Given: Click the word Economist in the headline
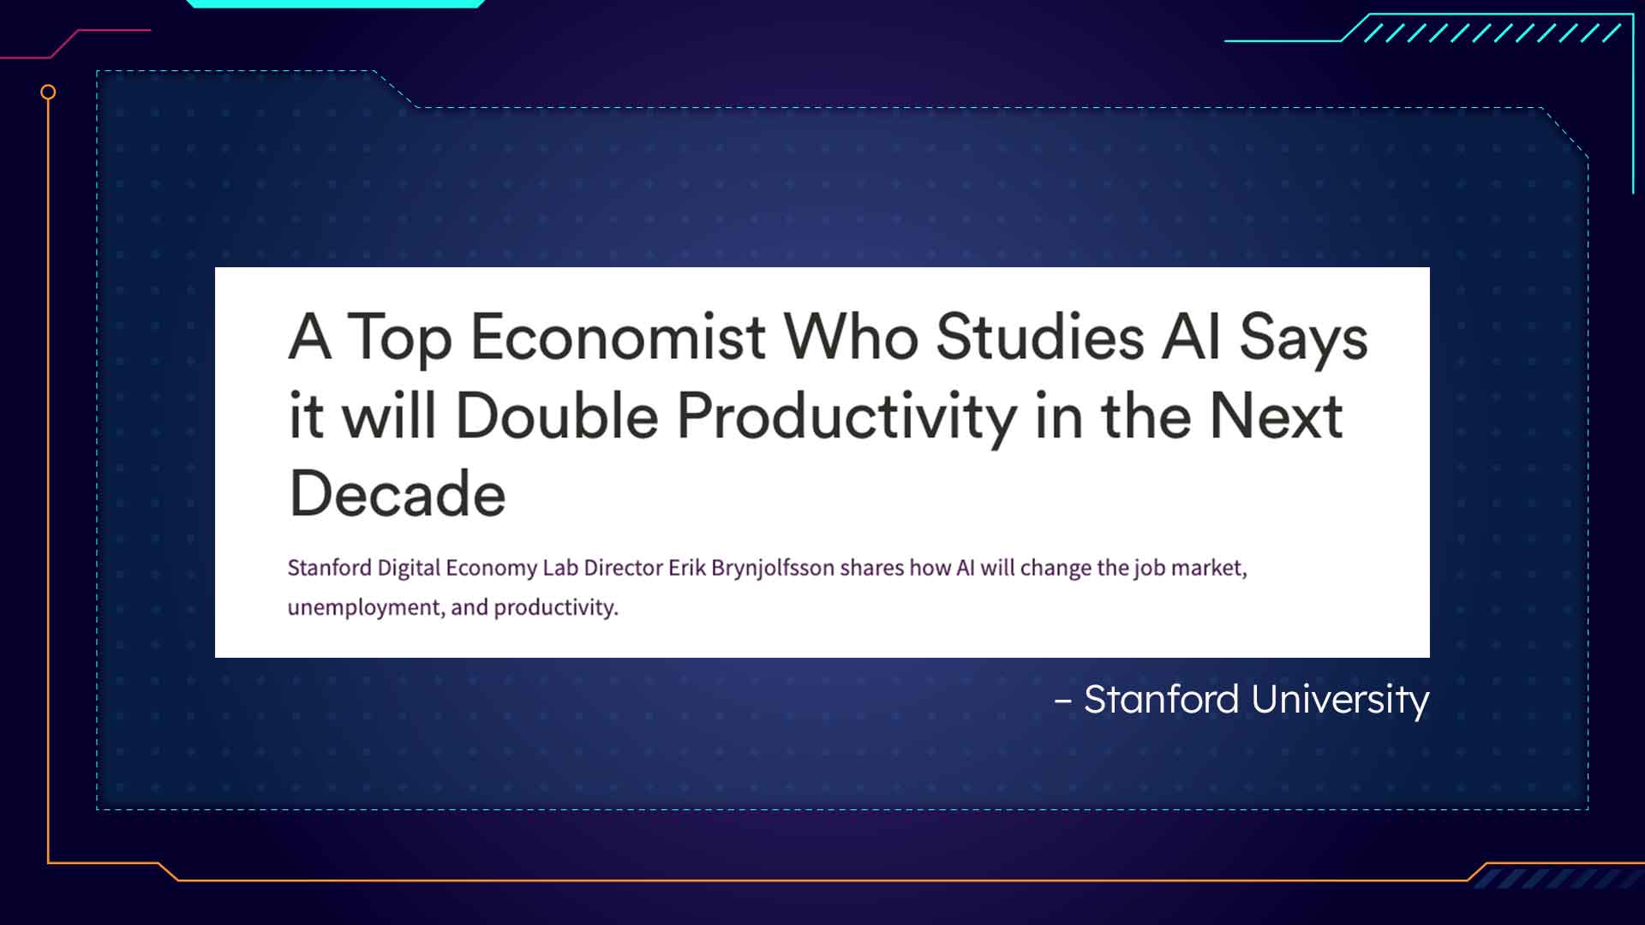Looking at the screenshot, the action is pos(618,336).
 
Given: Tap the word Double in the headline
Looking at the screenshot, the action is pos(557,416).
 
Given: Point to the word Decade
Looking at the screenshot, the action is pos(398,493).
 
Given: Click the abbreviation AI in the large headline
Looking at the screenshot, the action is pos(1191,336).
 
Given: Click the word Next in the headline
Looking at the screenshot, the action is pos(1276,416).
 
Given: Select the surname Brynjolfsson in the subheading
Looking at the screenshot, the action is pos(773,569).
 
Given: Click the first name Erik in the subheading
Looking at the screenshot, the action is pos(687,568).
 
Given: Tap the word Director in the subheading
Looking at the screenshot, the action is pos(624,568).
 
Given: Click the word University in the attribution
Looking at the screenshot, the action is pos(1341,700).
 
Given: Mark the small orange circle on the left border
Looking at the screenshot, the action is pos(48,92).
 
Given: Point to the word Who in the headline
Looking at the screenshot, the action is pos(852,336).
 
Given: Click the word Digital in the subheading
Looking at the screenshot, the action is pos(409,569).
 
